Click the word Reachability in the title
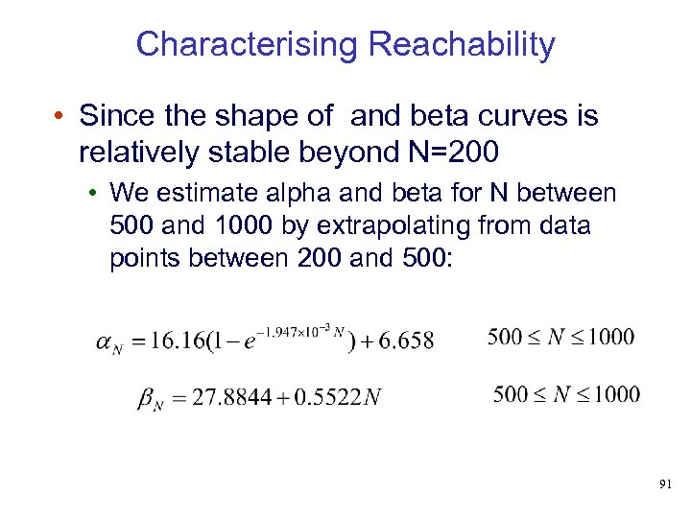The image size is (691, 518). [462, 44]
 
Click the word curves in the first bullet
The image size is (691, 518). [514, 117]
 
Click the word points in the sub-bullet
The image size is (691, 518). [146, 257]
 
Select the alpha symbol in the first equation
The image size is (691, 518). [107, 342]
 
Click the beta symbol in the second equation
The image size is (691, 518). [145, 398]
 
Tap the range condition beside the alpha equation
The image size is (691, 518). [560, 336]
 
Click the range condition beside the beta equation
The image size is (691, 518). [566, 393]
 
